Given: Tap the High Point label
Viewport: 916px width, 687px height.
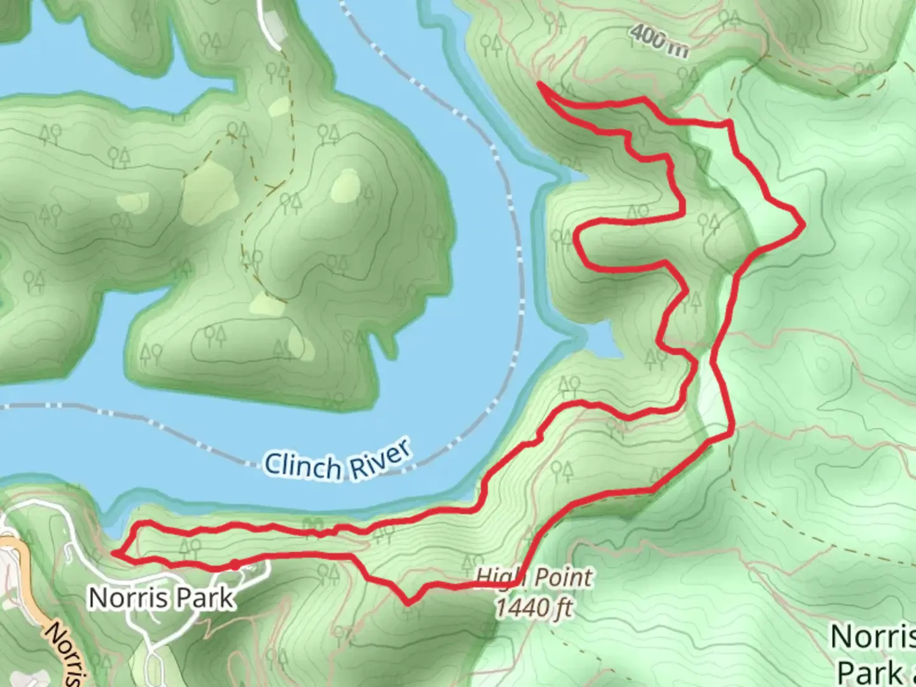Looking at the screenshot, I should click(534, 578).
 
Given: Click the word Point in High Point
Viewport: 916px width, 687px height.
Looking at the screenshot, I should click(562, 578).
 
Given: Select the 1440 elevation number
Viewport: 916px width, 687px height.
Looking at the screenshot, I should click(520, 607).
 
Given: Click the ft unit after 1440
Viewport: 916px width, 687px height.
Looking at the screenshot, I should click(562, 608).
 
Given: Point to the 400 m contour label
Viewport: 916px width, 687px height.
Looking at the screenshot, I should click(660, 41).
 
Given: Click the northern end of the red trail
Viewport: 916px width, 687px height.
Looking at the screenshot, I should click(539, 83).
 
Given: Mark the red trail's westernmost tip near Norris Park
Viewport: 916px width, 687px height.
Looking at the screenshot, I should click(114, 553).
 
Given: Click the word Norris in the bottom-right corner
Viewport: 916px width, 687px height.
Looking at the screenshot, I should click(873, 636).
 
